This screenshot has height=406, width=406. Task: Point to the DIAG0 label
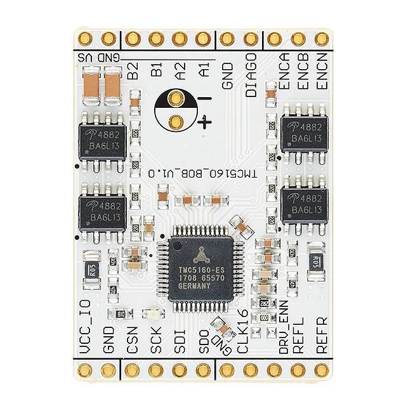(x=251, y=75)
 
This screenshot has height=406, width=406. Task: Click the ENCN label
(x=320, y=74)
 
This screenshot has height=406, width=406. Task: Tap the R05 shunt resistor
(x=92, y=270)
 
